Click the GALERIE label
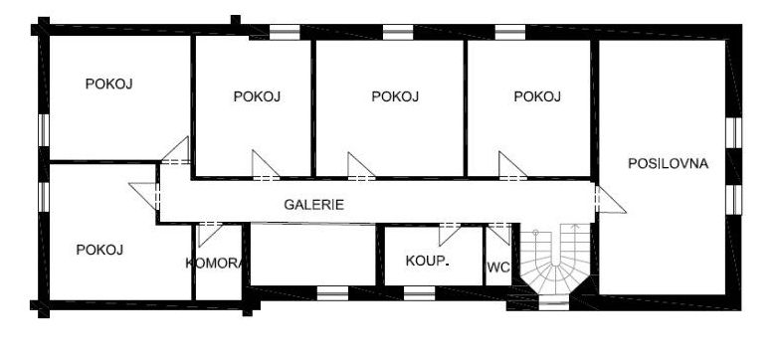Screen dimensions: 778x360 313,204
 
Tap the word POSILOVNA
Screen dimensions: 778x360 668,164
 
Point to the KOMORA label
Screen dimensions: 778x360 214,264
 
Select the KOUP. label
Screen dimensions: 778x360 427,261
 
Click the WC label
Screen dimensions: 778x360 498,268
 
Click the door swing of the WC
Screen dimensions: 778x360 499,234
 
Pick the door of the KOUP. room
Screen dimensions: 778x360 450,234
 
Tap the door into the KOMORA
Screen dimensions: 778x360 209,234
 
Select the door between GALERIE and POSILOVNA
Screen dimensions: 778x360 609,199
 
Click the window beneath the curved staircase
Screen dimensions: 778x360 554,302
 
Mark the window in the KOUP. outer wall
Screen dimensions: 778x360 419,293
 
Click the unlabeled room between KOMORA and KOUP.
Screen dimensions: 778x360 312,255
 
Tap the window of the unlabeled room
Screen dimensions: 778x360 332,293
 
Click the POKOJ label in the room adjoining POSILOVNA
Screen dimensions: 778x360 537,96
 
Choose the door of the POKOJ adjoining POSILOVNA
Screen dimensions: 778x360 512,165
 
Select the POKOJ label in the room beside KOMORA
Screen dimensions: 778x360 99,250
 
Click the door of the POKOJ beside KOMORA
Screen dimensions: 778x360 144,196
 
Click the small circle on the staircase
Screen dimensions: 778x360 536,233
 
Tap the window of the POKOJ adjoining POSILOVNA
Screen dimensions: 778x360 510,32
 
